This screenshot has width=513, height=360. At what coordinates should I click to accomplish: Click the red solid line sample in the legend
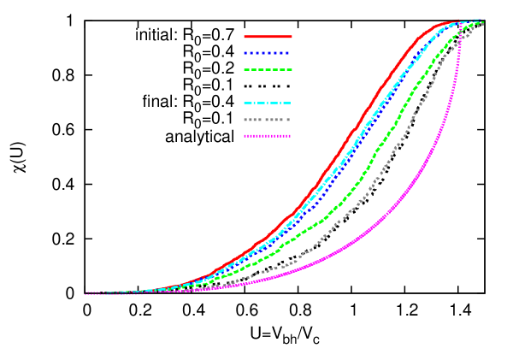[x=268, y=37]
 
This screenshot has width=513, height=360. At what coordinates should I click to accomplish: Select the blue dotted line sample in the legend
[x=267, y=53]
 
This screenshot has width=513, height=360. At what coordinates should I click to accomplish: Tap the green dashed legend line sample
[x=268, y=70]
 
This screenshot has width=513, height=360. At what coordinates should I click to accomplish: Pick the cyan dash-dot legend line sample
[x=268, y=103]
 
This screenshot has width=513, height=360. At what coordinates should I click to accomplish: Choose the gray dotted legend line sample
[x=267, y=120]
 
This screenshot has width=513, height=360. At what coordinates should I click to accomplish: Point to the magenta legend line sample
[x=267, y=136]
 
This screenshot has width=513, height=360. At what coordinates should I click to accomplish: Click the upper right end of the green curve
[x=483, y=23]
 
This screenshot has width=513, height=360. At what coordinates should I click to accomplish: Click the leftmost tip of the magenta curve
[x=85, y=293]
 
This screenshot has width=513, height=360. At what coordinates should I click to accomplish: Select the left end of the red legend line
[x=245, y=37]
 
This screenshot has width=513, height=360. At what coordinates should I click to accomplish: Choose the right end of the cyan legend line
[x=291, y=103]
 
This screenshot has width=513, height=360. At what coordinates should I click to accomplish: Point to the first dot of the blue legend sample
[x=245, y=53]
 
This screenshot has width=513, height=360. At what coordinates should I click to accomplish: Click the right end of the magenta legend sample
[x=291, y=136]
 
